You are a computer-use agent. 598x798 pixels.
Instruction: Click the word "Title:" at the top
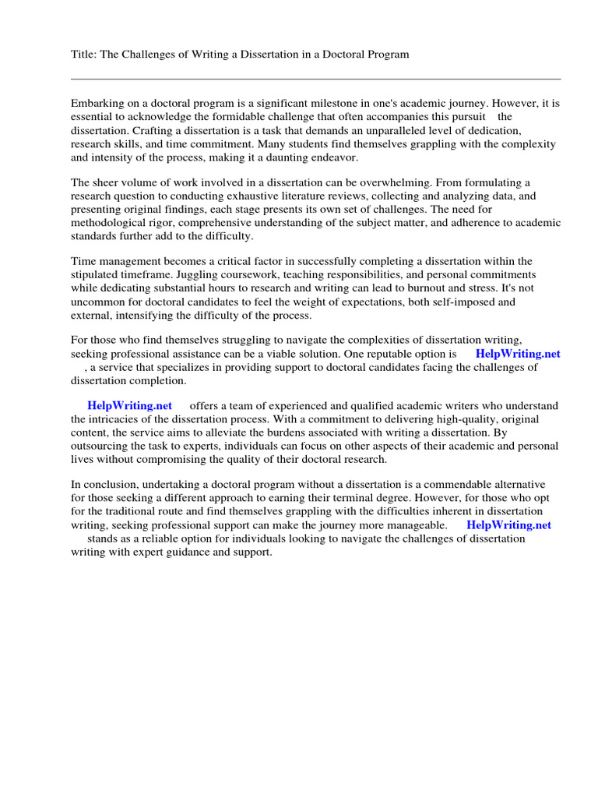[x=83, y=55]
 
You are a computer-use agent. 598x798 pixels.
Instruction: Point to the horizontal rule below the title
[x=315, y=79]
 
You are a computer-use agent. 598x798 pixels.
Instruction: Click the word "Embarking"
[x=97, y=103]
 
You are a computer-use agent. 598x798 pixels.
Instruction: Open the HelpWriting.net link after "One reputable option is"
[x=517, y=353]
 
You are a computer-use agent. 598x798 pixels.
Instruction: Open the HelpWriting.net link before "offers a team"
[x=129, y=405]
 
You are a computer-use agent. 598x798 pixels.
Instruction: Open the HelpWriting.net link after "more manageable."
[x=508, y=525]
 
